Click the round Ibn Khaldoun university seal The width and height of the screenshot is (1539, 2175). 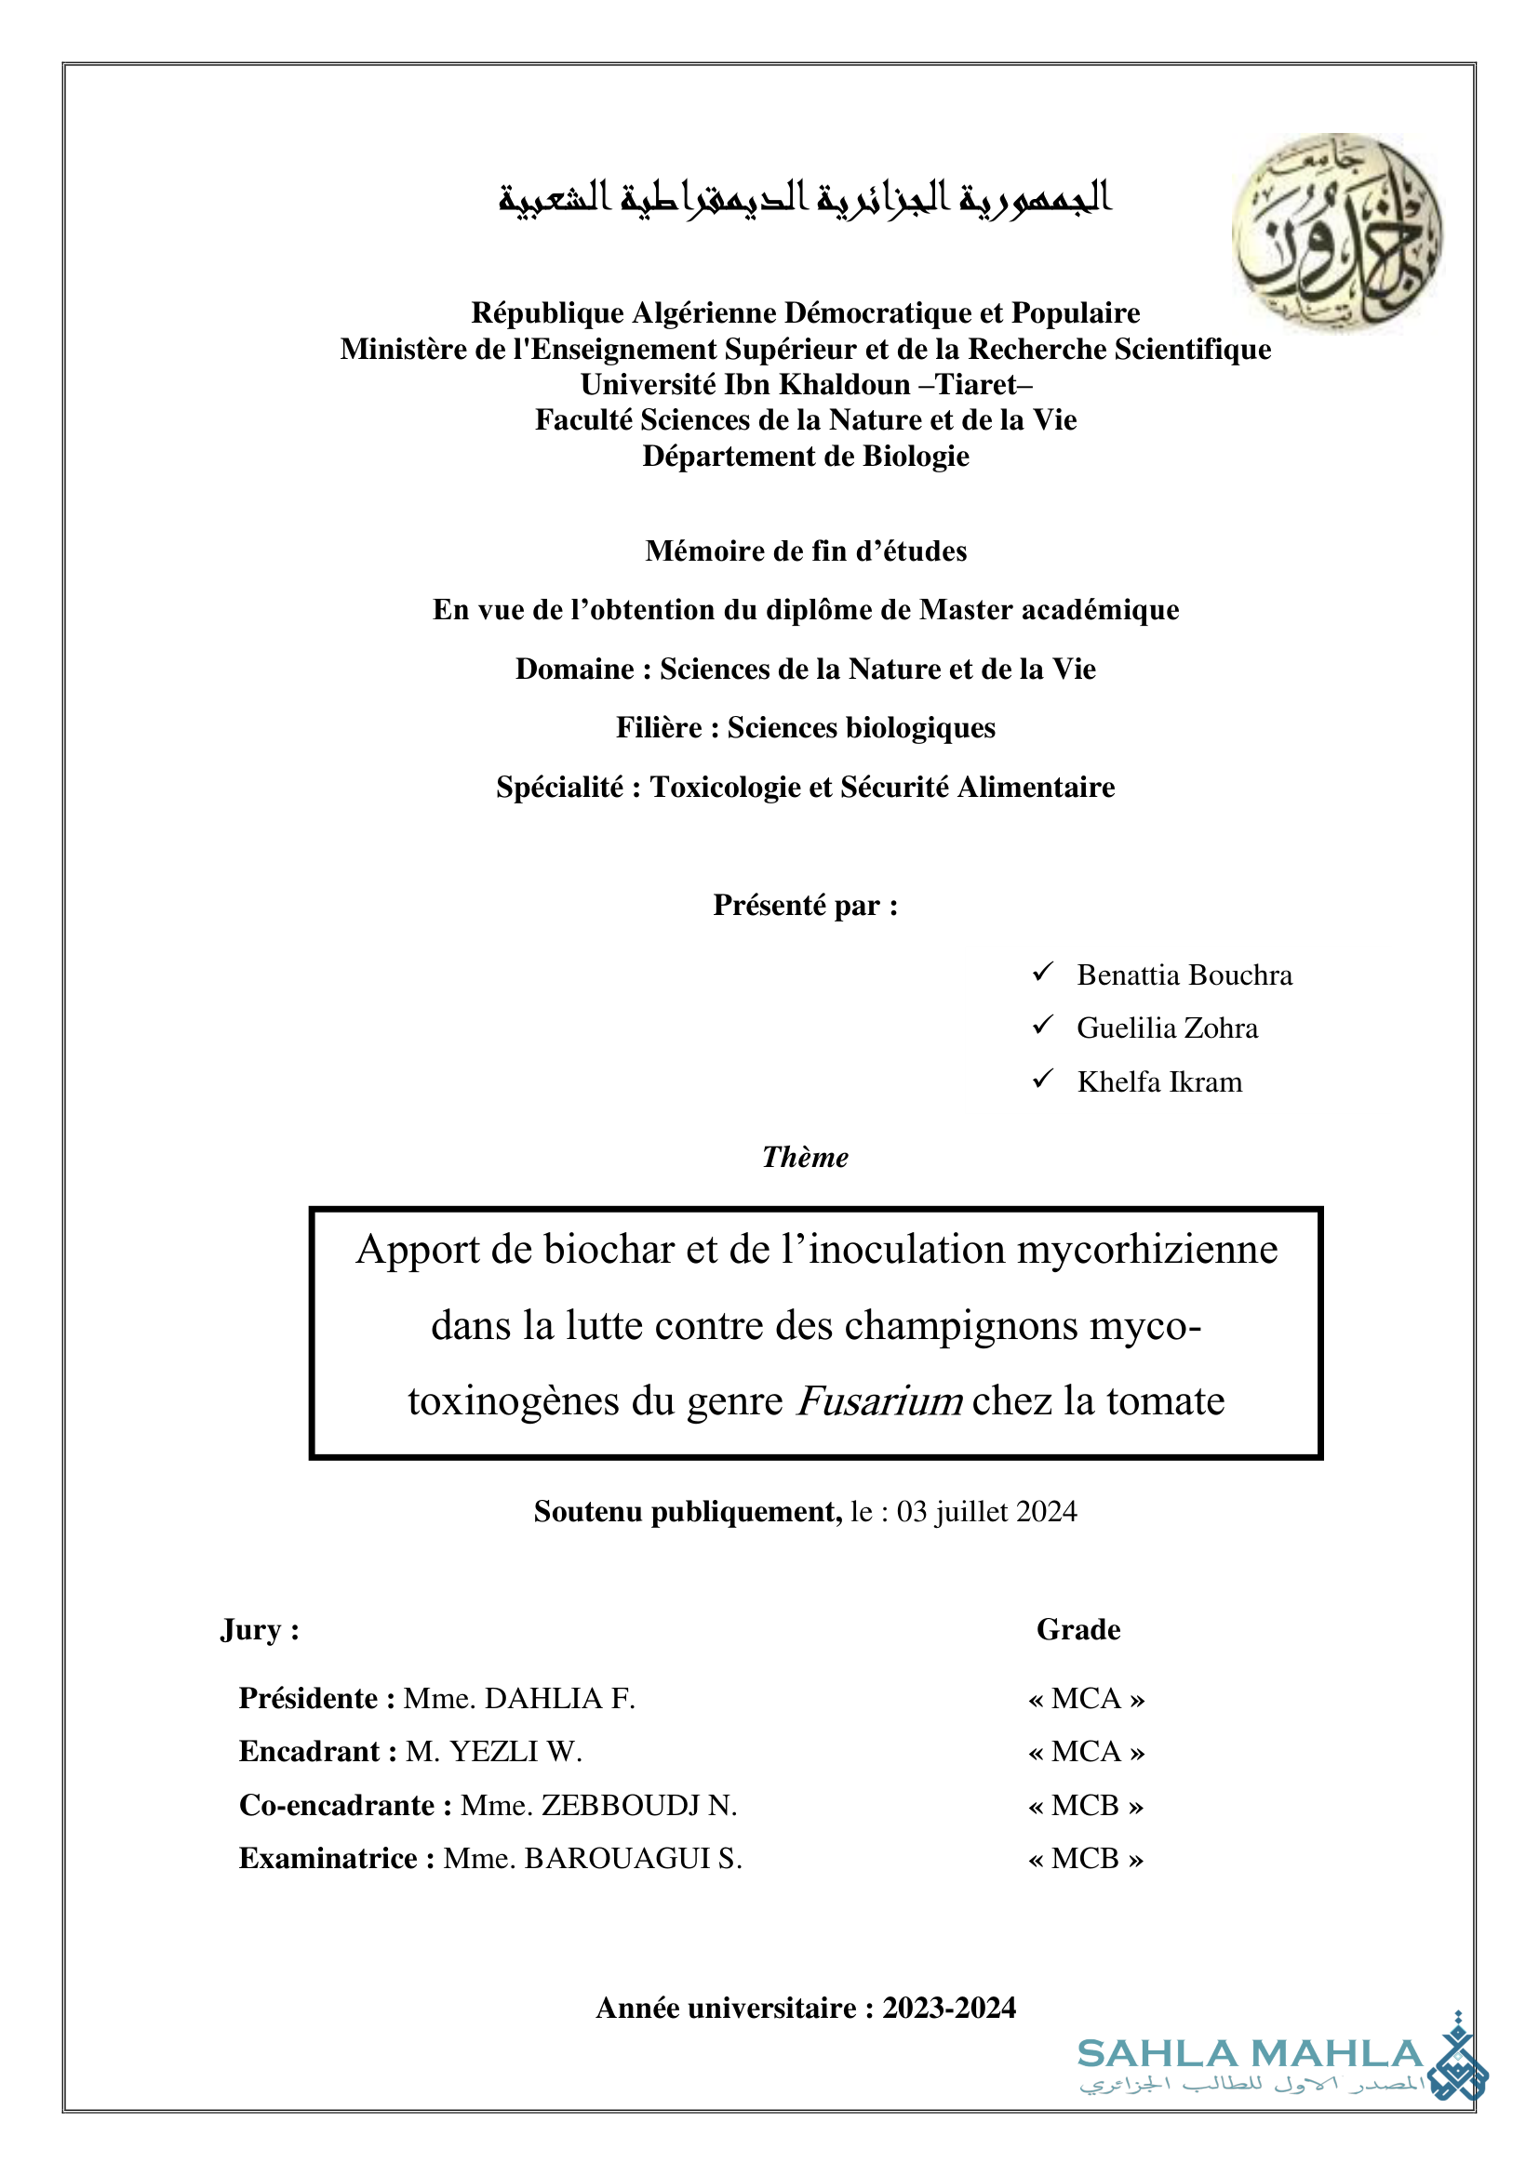coord(1336,232)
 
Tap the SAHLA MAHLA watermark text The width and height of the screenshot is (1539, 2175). coord(1250,2054)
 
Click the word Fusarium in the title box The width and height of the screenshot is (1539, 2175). coord(879,1401)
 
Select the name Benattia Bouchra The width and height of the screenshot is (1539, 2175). coord(1184,975)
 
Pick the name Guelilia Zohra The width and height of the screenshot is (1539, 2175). coord(1167,1028)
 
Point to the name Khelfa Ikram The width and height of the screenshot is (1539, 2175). coord(1159,1081)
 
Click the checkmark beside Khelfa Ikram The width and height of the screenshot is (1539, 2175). coord(1042,1079)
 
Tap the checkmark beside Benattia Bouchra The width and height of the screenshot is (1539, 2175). coord(1042,972)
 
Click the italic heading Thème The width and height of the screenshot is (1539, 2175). coord(805,1158)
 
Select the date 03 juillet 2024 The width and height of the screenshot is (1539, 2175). coord(986,1511)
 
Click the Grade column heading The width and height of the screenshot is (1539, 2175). coord(1077,1629)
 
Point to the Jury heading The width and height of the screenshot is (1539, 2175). coord(259,1629)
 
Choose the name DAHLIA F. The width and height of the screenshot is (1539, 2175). coord(559,1699)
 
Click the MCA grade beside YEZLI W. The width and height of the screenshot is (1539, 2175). coord(1086,1752)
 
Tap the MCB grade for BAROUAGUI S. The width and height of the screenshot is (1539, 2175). coord(1085,1859)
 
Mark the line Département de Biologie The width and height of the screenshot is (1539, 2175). coord(806,457)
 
